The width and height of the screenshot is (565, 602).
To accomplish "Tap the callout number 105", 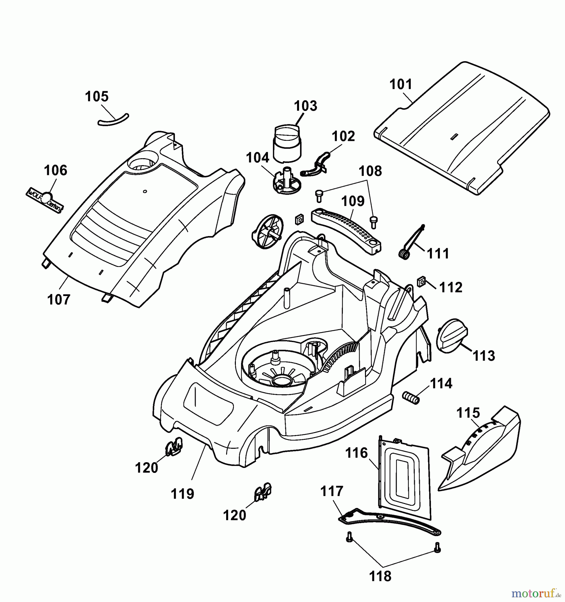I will click(97, 97).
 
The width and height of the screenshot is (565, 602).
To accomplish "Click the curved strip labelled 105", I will click(113, 120).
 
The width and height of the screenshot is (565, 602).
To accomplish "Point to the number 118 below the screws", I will click(381, 576).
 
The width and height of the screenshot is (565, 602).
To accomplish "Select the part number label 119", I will click(182, 494).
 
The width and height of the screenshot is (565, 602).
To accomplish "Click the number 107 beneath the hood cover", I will click(59, 299).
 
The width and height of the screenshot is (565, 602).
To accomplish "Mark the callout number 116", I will click(357, 453).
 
